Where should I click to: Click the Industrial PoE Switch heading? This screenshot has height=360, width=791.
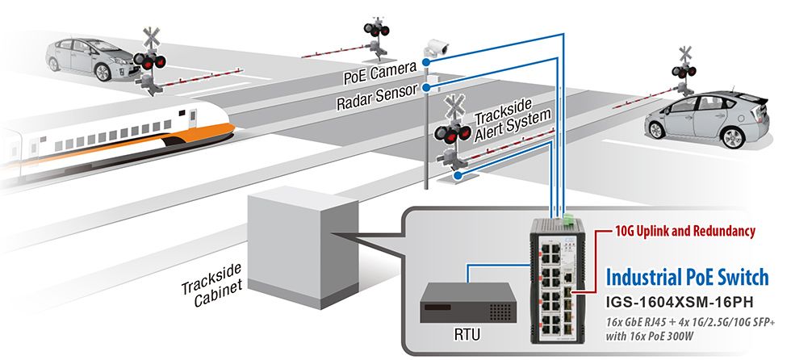[686, 278]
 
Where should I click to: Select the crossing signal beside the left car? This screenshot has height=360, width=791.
[150, 60]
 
